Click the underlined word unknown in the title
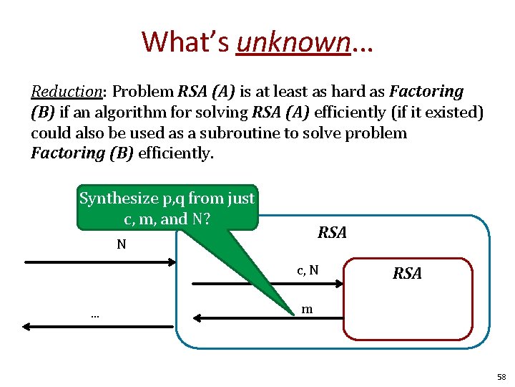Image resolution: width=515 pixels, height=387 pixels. click(x=293, y=42)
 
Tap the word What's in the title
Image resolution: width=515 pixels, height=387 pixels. click(x=185, y=42)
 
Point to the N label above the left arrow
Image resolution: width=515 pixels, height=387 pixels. click(x=122, y=244)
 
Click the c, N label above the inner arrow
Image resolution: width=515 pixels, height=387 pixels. click(x=308, y=270)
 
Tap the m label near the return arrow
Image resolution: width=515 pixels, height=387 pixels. click(x=306, y=309)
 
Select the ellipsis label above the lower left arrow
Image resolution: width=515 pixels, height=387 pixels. click(x=94, y=314)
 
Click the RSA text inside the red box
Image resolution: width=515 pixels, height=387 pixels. click(x=407, y=273)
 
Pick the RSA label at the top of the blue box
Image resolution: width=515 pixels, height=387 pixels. click(x=332, y=232)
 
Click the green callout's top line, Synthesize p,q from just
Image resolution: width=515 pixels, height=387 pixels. click(x=167, y=198)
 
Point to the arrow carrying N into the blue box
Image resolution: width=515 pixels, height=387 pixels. click(x=100, y=263)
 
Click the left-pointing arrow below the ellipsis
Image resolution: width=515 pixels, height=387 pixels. click(x=97, y=326)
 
